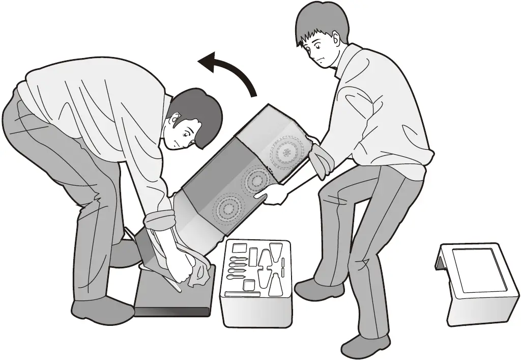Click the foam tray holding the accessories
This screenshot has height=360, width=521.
point(257,283)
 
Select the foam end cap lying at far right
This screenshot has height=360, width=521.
point(476,285)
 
